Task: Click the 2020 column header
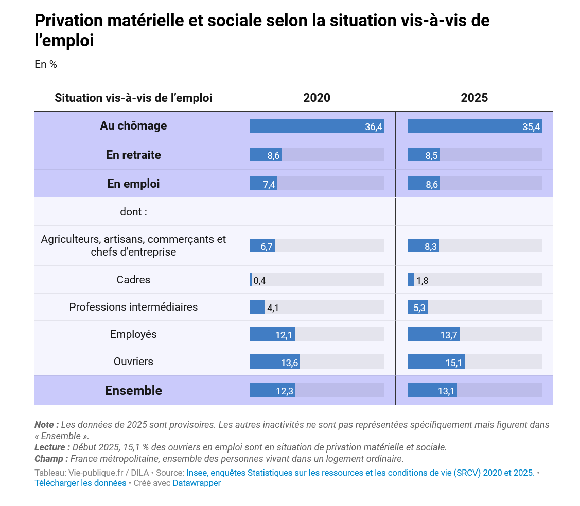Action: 317,98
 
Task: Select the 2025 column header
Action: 474,98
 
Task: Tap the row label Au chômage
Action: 133,125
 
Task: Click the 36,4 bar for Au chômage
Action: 317,126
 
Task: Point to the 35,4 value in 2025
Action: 531,127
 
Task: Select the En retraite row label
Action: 133,154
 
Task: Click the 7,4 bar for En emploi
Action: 263,184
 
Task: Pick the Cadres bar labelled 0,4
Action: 251,279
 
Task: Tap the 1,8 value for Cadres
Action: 423,281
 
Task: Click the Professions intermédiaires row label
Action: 133,307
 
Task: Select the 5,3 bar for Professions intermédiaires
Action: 417,307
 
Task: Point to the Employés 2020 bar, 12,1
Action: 272,334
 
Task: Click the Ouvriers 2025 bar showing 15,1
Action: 436,362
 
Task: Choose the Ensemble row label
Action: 133,390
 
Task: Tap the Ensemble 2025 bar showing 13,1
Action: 432,390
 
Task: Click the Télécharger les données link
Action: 80,483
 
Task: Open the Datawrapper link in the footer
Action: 197,483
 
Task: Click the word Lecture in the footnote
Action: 49,447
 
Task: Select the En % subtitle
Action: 46,64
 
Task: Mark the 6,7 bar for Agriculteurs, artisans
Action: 262,245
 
